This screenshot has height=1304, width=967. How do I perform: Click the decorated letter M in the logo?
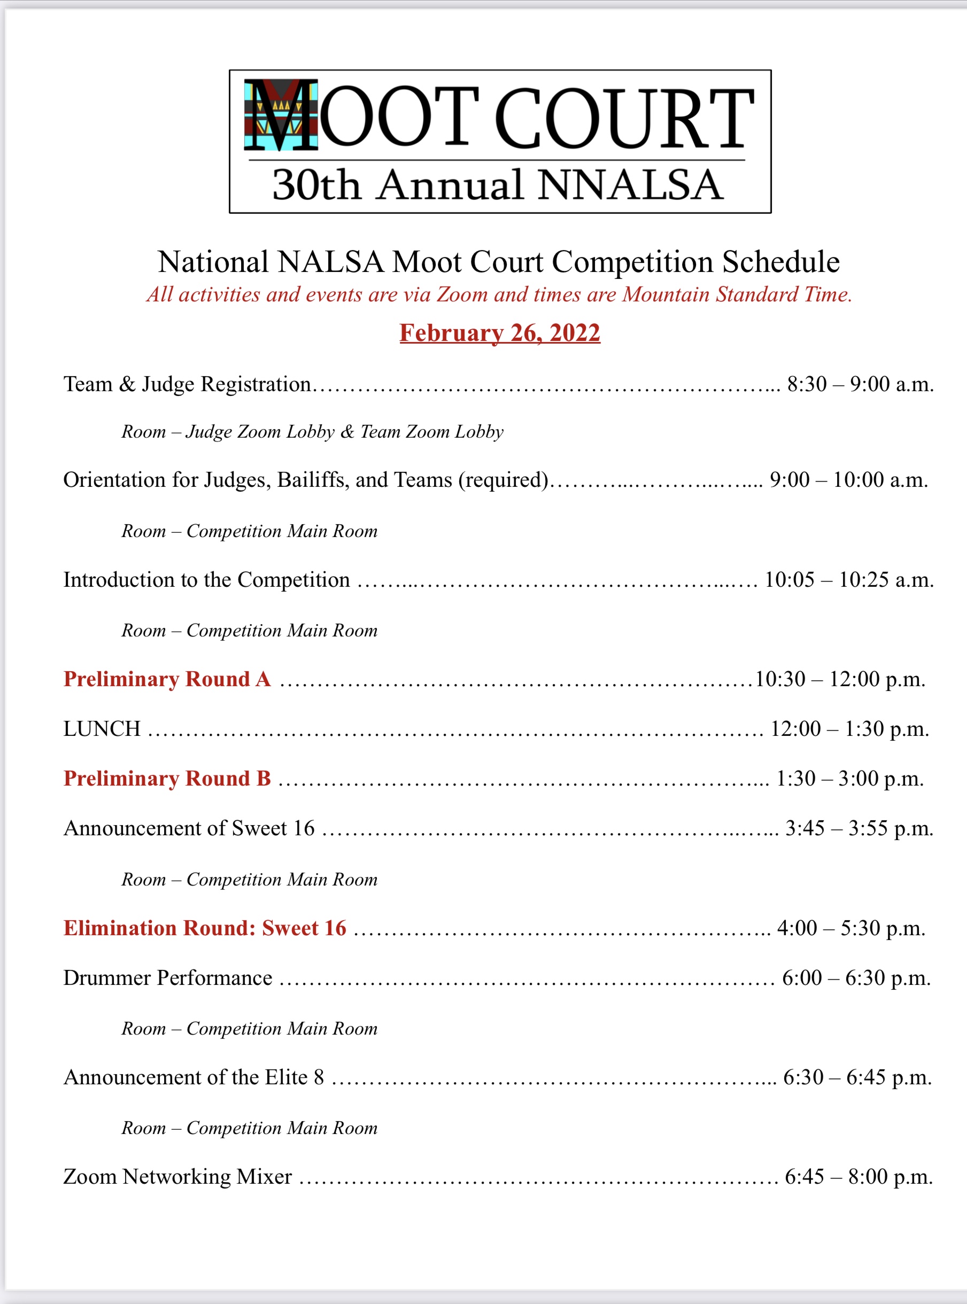[281, 115]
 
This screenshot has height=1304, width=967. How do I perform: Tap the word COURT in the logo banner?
[624, 118]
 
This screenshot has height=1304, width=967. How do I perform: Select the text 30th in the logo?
[315, 185]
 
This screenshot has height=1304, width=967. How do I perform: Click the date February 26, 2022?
[500, 332]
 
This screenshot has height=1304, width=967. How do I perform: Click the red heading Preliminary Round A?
[167, 679]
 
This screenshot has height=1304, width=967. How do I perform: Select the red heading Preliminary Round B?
[167, 779]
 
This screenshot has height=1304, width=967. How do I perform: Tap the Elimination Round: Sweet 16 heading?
[205, 928]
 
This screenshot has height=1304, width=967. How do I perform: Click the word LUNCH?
[102, 728]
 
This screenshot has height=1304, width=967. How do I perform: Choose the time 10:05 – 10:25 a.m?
[849, 579]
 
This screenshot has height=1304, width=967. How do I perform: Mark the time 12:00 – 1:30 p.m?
[849, 728]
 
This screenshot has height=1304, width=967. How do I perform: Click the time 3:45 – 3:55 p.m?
[858, 828]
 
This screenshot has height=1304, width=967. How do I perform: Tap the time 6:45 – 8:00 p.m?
[858, 1176]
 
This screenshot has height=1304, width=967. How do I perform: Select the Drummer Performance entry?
[167, 977]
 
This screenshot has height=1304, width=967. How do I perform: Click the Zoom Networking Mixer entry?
[177, 1176]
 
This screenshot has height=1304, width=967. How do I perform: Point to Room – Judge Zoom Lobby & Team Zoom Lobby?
[312, 431]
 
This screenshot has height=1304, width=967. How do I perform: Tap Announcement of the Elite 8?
[193, 1077]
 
